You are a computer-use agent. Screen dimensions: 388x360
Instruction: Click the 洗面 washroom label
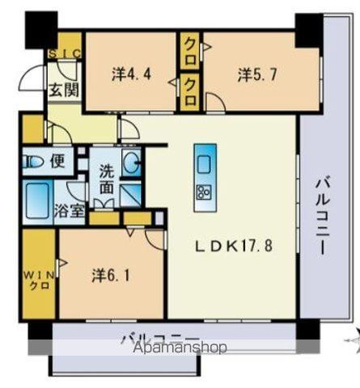click(x=107, y=179)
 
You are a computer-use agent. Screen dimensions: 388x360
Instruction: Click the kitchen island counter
click(x=204, y=171)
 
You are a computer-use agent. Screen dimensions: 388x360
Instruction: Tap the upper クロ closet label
click(x=191, y=45)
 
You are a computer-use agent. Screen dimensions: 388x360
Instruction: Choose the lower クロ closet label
click(x=191, y=82)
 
